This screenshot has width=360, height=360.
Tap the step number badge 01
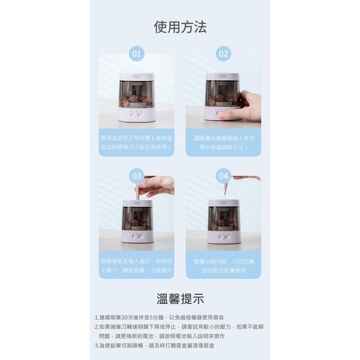coord(136,54)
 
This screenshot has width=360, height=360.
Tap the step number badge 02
coord(223,54)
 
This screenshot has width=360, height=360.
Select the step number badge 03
coord(136,176)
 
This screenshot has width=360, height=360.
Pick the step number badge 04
coord(223,176)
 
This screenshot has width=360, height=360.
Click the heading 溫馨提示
coord(180,299)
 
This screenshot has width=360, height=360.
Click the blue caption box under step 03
coord(136,265)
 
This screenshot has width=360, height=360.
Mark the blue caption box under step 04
coord(223,265)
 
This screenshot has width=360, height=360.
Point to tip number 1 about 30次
coord(159,317)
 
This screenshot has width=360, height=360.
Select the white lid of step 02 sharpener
coord(223,77)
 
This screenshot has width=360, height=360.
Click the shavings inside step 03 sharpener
coord(136,223)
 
